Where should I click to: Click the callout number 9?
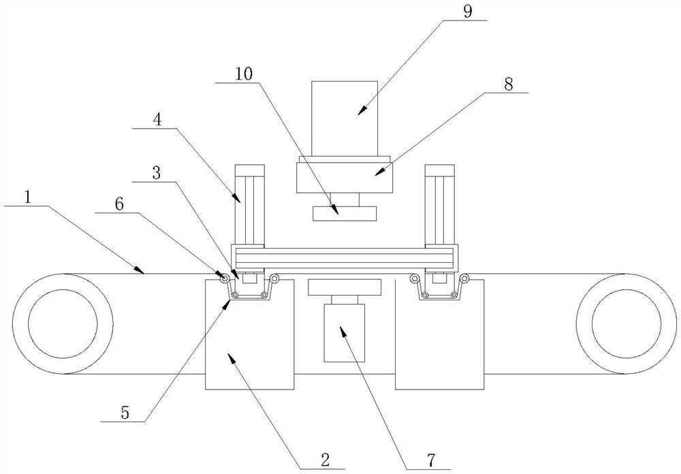point(467,11)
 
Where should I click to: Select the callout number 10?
point(244,74)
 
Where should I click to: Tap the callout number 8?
point(508,84)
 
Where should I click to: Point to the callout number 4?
point(157,119)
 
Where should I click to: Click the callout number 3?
point(157,174)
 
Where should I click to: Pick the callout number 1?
point(28,198)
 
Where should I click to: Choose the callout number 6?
point(119,204)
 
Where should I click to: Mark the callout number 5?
point(125,413)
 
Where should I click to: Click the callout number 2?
point(325,460)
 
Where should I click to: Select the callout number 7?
point(431,460)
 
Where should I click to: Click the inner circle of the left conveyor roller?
point(63,323)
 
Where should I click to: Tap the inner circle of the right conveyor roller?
point(627,323)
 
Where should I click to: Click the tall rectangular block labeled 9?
point(345,118)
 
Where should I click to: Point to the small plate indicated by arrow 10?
point(345,214)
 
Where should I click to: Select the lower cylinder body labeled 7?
point(345,333)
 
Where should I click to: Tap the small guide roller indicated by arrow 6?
point(225,278)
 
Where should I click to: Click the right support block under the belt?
point(439,334)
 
